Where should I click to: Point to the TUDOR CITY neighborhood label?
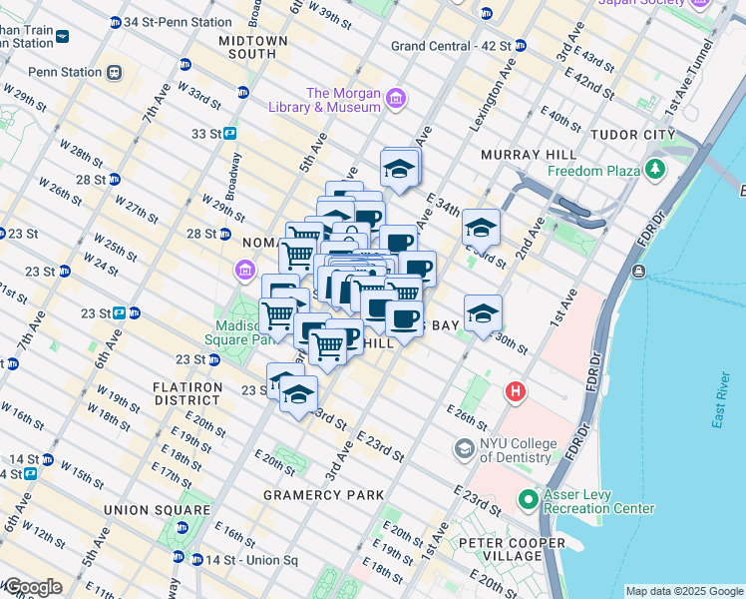tap(633, 134)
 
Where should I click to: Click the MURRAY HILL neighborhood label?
tap(529, 155)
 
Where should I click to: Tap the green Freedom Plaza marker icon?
tap(655, 170)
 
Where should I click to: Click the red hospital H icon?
tap(516, 391)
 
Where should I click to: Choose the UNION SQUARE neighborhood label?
tap(158, 510)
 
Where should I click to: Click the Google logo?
tap(34, 587)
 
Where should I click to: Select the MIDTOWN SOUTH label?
tap(253, 48)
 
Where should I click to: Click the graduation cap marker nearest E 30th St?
tap(483, 312)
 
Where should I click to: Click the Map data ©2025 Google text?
tap(683, 591)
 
